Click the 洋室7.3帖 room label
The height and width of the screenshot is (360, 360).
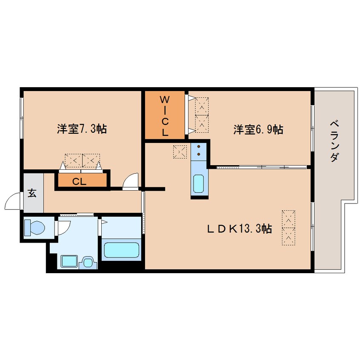click(x=82, y=129)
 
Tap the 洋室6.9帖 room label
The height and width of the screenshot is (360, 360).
click(x=258, y=129)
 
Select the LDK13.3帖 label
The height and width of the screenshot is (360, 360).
click(x=240, y=229)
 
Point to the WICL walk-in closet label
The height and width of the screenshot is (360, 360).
click(x=165, y=116)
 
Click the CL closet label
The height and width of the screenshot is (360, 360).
click(x=79, y=182)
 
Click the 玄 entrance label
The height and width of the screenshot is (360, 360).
click(x=32, y=193)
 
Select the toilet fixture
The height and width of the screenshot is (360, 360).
click(x=34, y=227)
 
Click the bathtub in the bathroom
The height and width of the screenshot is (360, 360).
click(x=121, y=250)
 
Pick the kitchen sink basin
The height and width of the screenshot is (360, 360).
click(x=198, y=184)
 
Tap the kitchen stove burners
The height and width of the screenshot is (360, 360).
click(x=199, y=150)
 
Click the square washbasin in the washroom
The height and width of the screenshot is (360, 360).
click(x=69, y=261)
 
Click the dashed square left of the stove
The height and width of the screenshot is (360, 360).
click(x=180, y=152)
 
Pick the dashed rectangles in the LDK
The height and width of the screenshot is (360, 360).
click(x=289, y=228)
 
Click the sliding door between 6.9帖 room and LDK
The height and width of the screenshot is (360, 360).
click(x=261, y=167)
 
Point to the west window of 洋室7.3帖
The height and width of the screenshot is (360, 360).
click(x=21, y=118)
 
